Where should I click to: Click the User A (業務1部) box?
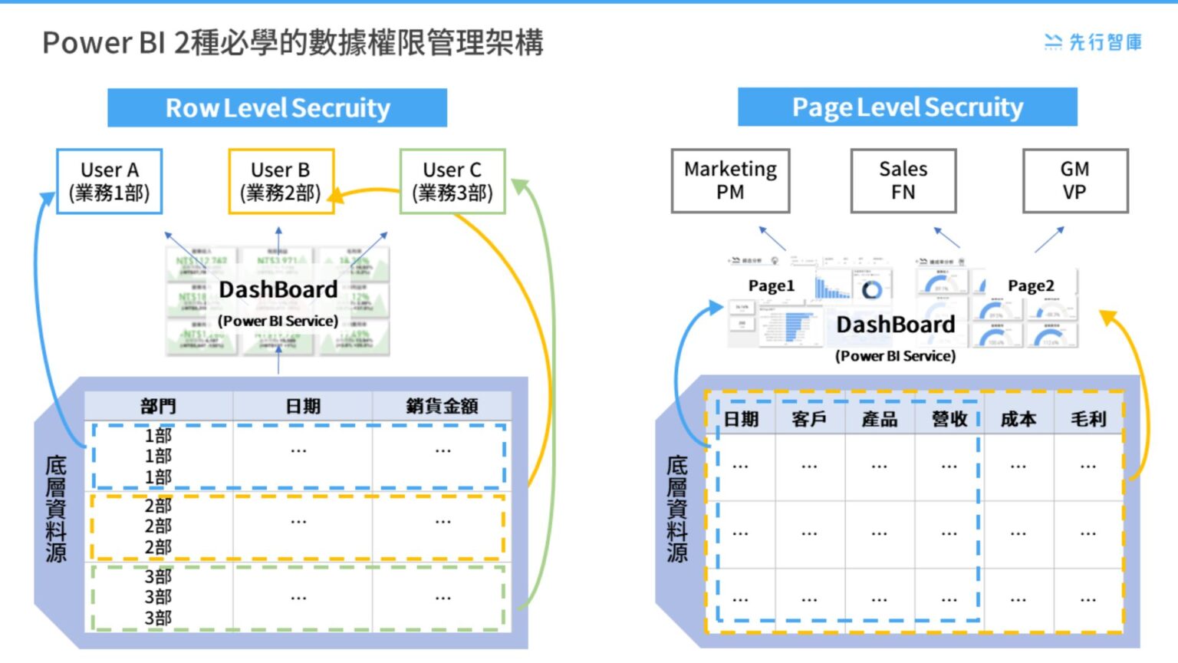110,181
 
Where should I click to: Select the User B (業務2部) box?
281,181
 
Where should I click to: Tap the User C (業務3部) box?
452,181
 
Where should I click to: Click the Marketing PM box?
730,180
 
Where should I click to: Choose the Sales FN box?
903,180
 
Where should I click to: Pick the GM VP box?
1075,180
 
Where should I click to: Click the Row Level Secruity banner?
277,107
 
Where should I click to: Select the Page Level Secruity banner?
907,107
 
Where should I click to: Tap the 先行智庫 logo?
1094,42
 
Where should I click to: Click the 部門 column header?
159,406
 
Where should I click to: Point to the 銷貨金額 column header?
442,406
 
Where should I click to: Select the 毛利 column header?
1088,419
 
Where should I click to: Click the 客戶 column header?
810,419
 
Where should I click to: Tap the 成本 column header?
1018,419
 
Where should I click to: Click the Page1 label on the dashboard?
771,285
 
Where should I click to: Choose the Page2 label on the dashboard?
1031,285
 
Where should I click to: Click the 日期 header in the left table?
303,406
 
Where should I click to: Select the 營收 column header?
949,419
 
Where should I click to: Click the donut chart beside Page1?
872,290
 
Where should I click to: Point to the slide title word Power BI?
104,42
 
